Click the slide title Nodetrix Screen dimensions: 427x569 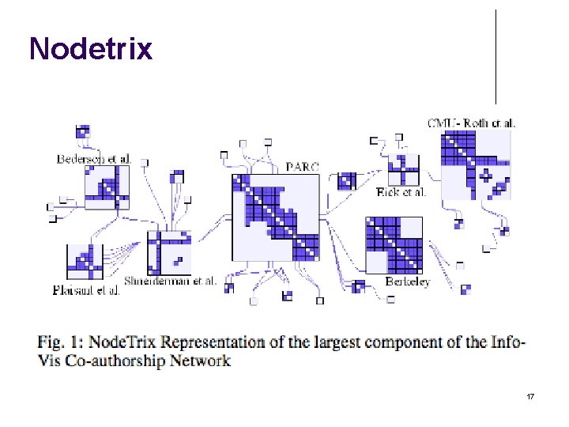[x=90, y=49]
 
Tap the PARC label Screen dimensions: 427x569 [x=303, y=167]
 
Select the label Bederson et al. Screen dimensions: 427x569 [x=93, y=159]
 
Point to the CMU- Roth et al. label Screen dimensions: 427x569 [x=472, y=123]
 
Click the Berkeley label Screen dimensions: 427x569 [x=407, y=282]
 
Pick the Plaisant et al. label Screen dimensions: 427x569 [x=86, y=289]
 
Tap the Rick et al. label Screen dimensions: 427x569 [x=401, y=192]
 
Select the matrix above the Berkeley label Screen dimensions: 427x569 [x=394, y=244]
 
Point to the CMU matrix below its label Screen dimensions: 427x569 [x=476, y=164]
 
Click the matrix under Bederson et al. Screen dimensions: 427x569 [x=107, y=187]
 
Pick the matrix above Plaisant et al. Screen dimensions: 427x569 [x=85, y=262]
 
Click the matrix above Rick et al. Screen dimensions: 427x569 [x=403, y=170]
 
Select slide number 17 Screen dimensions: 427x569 [x=531, y=395]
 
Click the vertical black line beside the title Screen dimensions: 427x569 [x=496, y=55]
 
